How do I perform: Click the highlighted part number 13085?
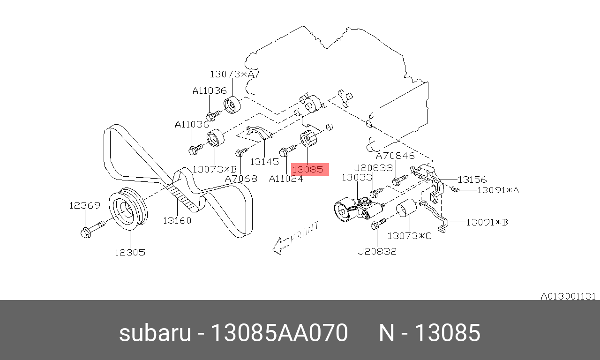tap(308, 169)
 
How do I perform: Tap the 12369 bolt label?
tap(85, 205)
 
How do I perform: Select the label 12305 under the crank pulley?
tap(130, 252)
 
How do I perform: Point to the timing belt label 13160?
tap(177, 220)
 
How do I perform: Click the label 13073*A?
tap(232, 74)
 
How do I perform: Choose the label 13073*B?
tap(215, 169)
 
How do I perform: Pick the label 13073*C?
tap(410, 236)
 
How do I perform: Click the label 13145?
tap(264, 162)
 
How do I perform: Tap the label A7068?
tap(241, 179)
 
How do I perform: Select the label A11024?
tap(286, 179)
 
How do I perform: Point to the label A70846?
tap(395, 156)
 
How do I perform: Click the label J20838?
tap(374, 168)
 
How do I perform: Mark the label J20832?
tap(377, 251)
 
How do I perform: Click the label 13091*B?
tap(487, 222)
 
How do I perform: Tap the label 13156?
tap(472, 180)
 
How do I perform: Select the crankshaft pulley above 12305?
tap(128, 209)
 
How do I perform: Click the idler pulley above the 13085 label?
tap(308, 138)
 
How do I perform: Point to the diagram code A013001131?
tap(569, 297)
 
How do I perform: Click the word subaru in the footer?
tap(155, 333)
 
